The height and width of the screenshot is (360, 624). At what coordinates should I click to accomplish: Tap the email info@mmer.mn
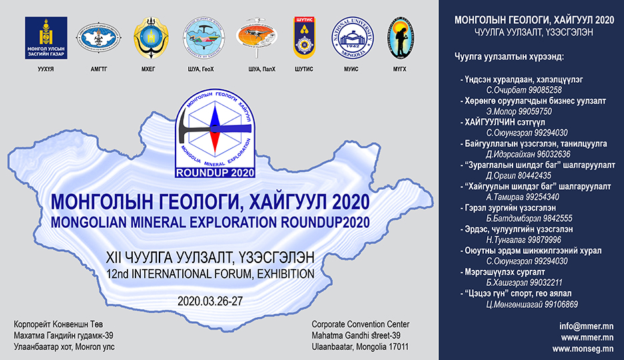tap(587, 326)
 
